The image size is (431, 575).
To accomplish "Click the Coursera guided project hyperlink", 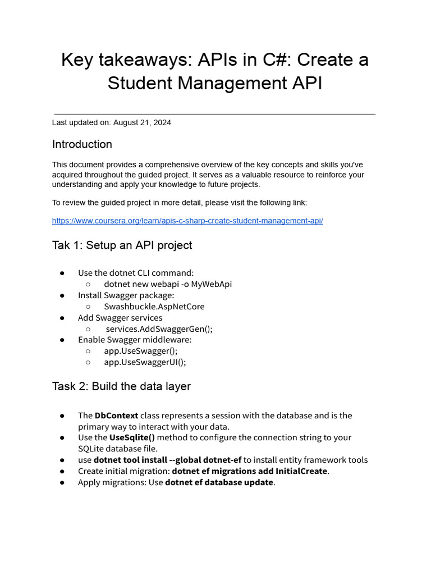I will pyautogui.click(x=187, y=221).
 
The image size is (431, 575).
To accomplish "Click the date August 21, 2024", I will pyautogui.click(x=142, y=122).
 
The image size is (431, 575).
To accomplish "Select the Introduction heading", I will pyautogui.click(x=82, y=144).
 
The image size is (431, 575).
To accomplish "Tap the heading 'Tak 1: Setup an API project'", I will pyautogui.click(x=122, y=245).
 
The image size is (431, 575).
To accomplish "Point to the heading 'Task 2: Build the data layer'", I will pyautogui.click(x=121, y=386).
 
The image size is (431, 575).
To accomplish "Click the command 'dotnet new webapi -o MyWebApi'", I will pyautogui.click(x=168, y=284).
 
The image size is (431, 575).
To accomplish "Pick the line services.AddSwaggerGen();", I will pyautogui.click(x=159, y=329).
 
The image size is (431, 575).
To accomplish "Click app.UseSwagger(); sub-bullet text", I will pyautogui.click(x=141, y=351).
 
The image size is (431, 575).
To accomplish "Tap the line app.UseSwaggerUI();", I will pyautogui.click(x=145, y=362).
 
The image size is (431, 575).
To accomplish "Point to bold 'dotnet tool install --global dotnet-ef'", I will pyautogui.click(x=167, y=460).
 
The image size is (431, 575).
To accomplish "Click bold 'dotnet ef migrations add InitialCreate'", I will pyautogui.click(x=249, y=471).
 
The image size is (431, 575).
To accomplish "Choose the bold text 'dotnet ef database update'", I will pyautogui.click(x=219, y=482).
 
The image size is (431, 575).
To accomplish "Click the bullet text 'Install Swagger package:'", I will pyautogui.click(x=126, y=295).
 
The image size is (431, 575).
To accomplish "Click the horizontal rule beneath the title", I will pyautogui.click(x=214, y=115).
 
